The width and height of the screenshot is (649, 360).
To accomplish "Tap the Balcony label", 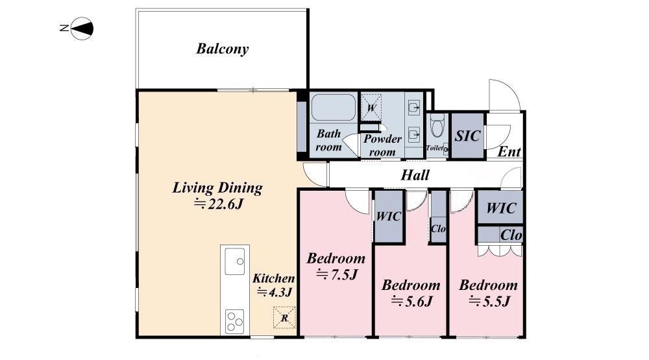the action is coord(222,49).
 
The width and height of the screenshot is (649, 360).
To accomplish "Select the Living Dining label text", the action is coord(217,187).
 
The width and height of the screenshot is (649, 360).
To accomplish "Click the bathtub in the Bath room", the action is coord(333,108).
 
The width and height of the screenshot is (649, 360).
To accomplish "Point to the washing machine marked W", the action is coord(371,108).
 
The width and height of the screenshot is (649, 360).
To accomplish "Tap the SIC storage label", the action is coord(467,136).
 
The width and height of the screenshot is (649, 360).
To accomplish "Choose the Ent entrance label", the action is coord(509,152).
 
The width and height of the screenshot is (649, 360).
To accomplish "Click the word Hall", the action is coord(415,175).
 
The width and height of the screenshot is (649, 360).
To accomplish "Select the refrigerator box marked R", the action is coord(284,317).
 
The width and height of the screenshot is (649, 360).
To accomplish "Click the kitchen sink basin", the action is coord(235,261).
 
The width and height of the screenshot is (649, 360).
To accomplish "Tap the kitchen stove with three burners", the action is coord(235,322).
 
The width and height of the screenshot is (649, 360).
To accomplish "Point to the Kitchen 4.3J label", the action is coord(274,285).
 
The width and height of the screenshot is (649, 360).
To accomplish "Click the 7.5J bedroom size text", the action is coord(337,274).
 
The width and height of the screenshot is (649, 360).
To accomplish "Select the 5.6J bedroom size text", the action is coord(412,301).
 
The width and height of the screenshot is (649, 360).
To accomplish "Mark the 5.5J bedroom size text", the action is coord(489,301).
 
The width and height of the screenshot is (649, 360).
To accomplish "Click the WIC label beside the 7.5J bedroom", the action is coord(388,216).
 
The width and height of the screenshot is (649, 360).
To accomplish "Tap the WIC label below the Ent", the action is coord(501,208).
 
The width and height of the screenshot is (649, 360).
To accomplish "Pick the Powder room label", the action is coord(382,145).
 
